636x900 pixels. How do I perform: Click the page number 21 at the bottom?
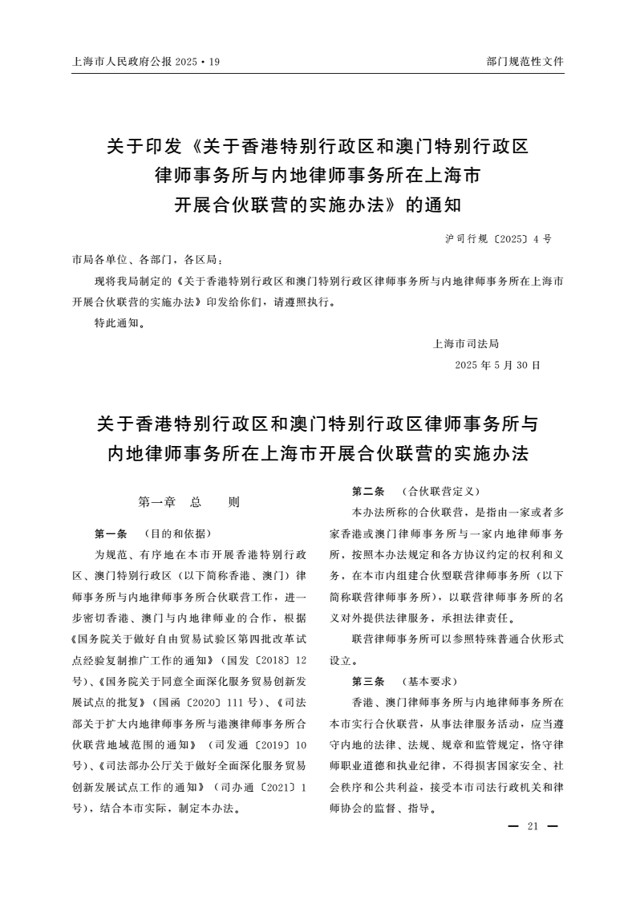pos(532,828)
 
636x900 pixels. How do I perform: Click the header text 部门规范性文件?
pos(525,61)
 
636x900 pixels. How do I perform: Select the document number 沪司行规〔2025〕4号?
pos(497,239)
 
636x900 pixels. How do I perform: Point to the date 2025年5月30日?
pos(497,365)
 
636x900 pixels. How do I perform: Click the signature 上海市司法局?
pos(466,343)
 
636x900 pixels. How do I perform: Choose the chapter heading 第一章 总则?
pos(189,503)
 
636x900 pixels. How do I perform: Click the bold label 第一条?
pos(111,533)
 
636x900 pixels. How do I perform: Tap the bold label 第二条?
pos(368,491)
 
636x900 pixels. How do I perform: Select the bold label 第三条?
pos(368,681)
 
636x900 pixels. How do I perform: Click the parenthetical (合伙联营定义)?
pos(434,491)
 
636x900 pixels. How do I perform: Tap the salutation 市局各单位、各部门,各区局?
pos(147,260)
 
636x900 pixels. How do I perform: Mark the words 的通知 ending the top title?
pos(434,204)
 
